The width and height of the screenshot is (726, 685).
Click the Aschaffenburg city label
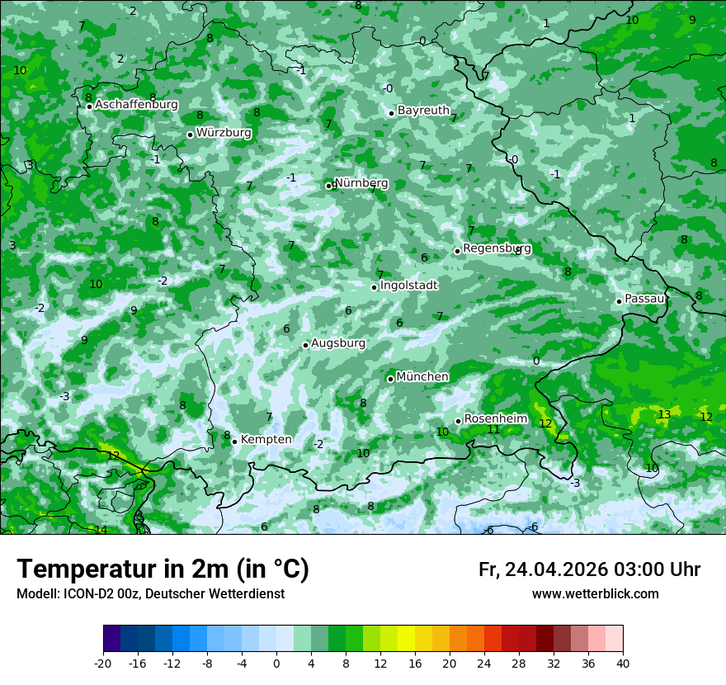click(x=136, y=105)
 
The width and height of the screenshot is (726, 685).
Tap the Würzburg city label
click(x=224, y=133)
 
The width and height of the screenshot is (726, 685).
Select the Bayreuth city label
click(x=423, y=111)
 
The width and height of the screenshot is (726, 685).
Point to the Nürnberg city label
click(x=361, y=183)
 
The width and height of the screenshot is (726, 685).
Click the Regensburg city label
click(x=497, y=248)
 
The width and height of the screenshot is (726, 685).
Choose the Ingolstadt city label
click(x=408, y=286)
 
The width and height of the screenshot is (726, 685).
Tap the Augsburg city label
click(x=338, y=343)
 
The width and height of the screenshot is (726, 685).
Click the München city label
click(x=422, y=377)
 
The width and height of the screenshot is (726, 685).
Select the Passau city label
click(x=644, y=299)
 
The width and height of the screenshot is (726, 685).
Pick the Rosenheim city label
click(x=495, y=419)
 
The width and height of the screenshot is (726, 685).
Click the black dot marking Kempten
click(x=234, y=442)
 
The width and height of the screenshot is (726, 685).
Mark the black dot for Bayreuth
click(x=391, y=113)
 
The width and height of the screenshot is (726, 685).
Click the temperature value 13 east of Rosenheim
click(x=664, y=414)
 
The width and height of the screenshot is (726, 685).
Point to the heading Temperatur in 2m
click(x=163, y=569)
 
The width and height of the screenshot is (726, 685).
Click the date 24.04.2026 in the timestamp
click(x=556, y=569)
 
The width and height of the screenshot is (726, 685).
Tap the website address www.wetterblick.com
click(x=595, y=594)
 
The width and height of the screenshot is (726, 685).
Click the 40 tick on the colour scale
click(x=622, y=663)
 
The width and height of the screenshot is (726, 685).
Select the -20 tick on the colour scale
click(x=103, y=663)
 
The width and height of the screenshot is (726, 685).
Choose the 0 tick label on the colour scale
click(x=276, y=663)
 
